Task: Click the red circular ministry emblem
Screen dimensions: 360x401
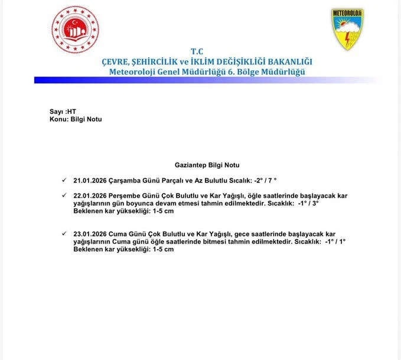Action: [73, 30]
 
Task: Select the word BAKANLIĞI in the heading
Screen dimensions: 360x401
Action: [282, 62]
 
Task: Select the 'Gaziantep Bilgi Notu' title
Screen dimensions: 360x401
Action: [207, 164]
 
